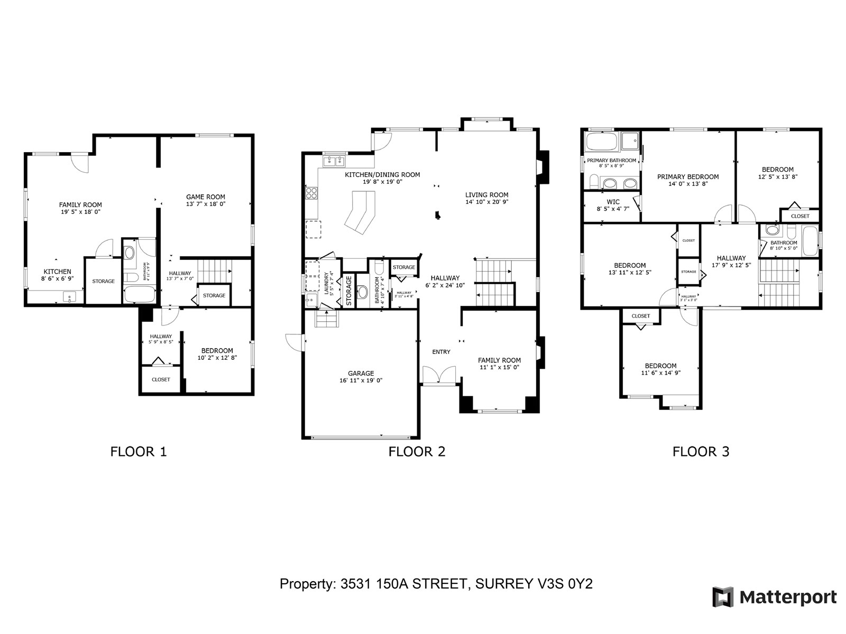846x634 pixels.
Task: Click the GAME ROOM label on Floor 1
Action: point(205,197)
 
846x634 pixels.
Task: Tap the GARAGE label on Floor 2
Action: point(361,374)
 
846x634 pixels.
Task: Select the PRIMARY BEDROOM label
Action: point(687,177)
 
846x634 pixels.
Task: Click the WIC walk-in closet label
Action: point(613,202)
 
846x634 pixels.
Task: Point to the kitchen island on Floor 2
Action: point(360,212)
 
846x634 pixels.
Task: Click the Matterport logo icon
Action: point(723,597)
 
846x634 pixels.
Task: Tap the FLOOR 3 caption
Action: point(701,452)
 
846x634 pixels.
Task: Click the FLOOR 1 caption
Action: point(139,452)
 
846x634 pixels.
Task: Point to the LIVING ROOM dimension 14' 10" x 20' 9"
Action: point(486,202)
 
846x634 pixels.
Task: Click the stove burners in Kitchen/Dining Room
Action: point(311,193)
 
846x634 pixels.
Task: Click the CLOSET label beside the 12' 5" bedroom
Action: point(799,216)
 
